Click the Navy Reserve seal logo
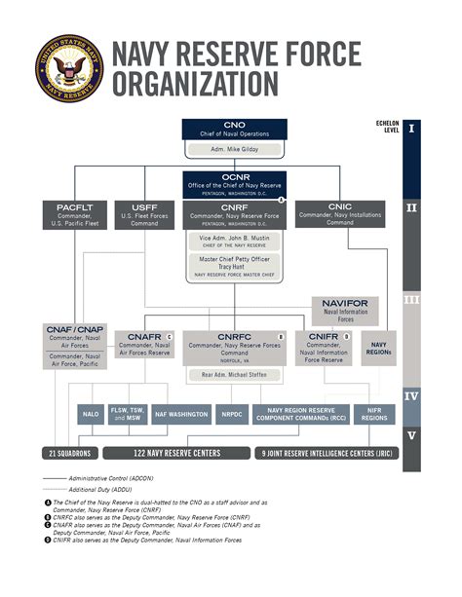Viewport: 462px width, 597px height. [x=65, y=66]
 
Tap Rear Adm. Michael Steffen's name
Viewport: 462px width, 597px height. [x=233, y=373]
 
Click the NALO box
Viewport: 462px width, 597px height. [x=91, y=414]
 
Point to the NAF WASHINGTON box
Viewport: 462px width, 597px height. [x=181, y=414]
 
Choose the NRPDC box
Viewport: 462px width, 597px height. [x=231, y=414]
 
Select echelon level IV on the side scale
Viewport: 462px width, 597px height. [x=412, y=396]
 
